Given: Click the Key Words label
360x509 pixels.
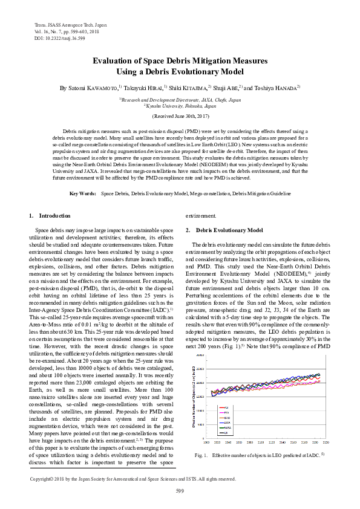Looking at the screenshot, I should pyautogui.click(x=83, y=177).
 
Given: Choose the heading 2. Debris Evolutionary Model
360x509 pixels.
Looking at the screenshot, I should pyautogui.click(x=224, y=230).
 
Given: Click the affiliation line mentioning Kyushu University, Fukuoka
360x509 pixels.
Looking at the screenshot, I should pyautogui.click(x=180, y=105).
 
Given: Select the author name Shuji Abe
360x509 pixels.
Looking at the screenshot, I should pyautogui.click(x=223, y=88).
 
